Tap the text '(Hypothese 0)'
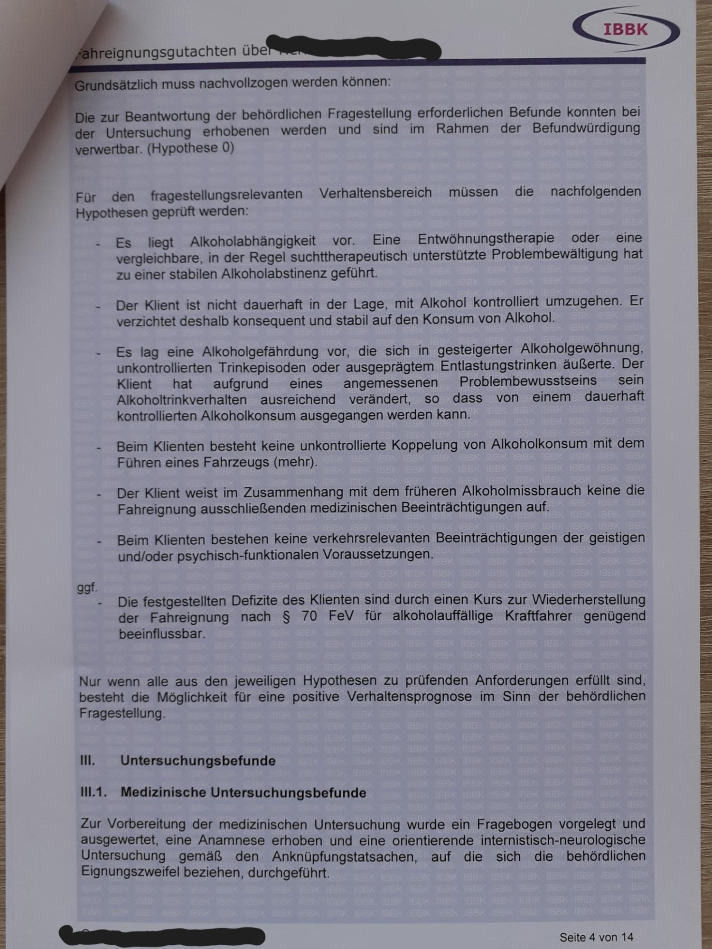coord(190,148)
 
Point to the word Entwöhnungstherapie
coord(486,239)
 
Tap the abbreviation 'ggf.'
coord(87,587)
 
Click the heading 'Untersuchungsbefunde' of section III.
coord(198,761)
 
